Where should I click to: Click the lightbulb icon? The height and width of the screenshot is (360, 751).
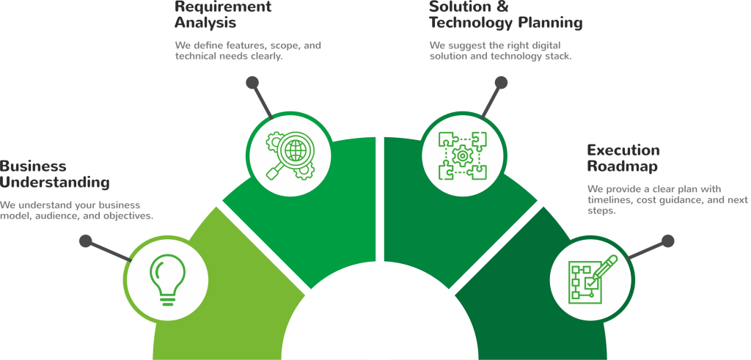(x=167, y=279)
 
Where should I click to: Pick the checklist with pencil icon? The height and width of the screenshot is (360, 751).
(x=593, y=279)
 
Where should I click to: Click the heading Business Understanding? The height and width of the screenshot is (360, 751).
(x=55, y=174)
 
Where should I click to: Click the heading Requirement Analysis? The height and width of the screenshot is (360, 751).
(x=222, y=13)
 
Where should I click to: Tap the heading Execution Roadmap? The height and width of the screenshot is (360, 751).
(x=623, y=158)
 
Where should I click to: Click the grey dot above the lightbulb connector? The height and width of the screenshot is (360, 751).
(x=86, y=240)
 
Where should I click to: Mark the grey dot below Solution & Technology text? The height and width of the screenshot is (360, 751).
(x=501, y=82)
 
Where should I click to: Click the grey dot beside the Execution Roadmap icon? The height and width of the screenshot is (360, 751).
(x=667, y=240)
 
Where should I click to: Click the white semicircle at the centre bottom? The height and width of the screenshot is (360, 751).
(x=375, y=323)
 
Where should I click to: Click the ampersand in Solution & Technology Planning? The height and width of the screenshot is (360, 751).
(x=502, y=6)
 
